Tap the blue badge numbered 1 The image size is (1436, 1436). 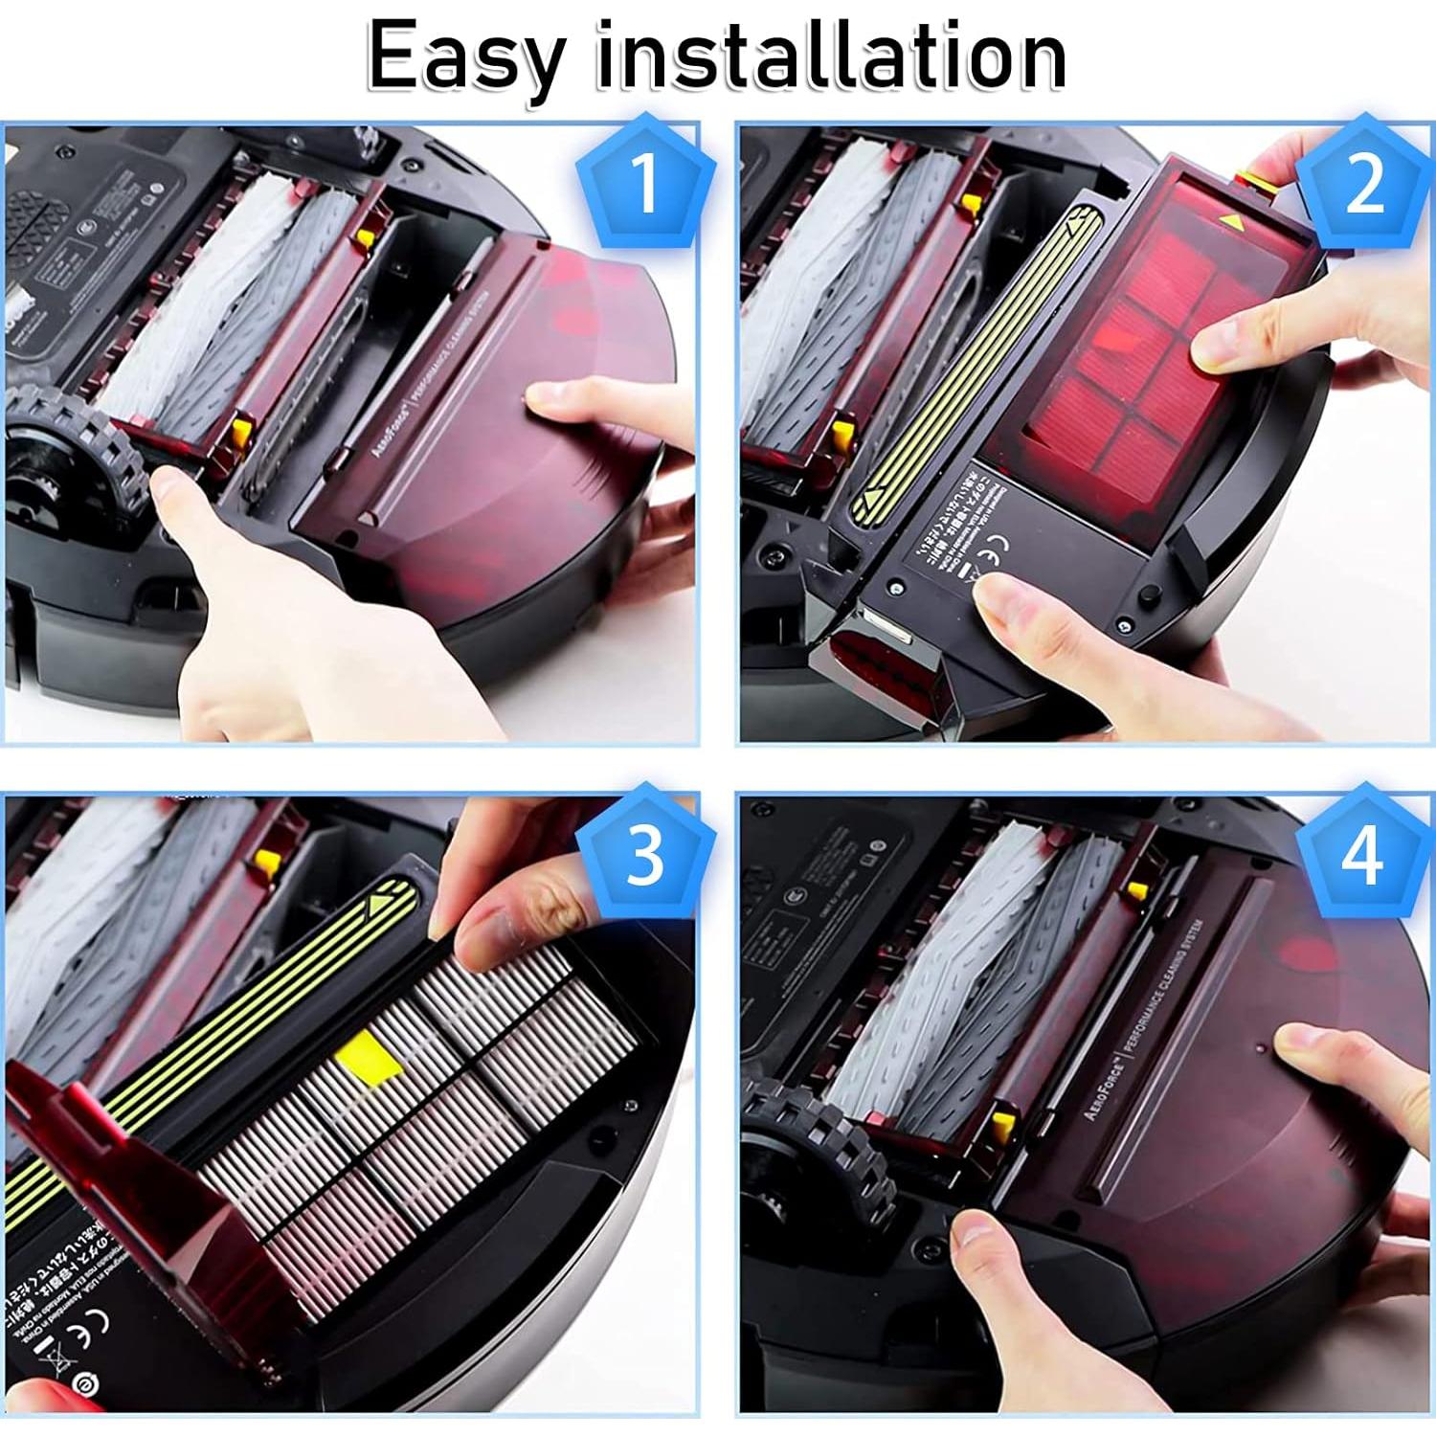645,182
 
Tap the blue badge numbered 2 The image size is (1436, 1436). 1363,182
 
